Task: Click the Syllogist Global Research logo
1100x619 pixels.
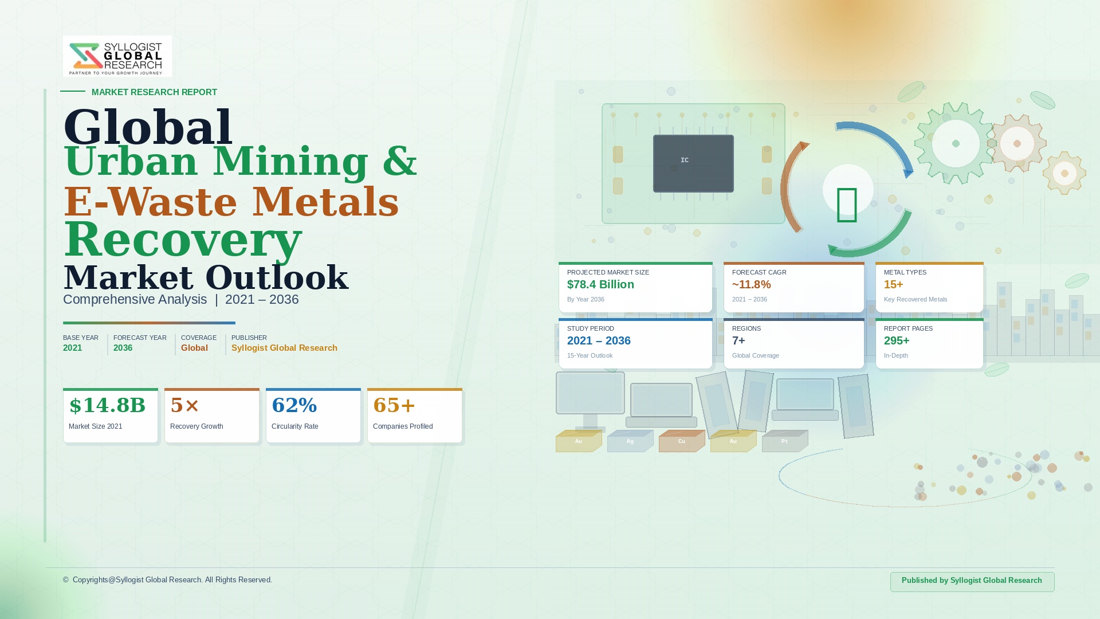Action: coord(117,56)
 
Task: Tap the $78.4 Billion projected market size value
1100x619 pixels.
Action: coord(600,285)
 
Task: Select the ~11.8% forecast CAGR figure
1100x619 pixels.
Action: coord(751,285)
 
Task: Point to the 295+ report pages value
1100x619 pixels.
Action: coord(897,341)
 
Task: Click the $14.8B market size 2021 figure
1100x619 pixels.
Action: coord(107,405)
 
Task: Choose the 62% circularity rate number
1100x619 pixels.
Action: coord(294,405)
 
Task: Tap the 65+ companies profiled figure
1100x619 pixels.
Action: coord(394,405)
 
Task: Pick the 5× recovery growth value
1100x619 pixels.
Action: coord(185,405)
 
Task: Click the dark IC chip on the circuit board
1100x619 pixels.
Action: coord(693,163)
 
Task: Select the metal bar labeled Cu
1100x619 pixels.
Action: coord(682,441)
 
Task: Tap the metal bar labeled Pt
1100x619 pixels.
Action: coord(785,441)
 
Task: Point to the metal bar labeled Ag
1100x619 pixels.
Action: coord(630,441)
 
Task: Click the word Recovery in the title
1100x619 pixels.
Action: coord(183,240)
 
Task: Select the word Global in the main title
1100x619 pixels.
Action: coord(148,127)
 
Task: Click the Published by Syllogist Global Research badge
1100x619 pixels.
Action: coord(972,581)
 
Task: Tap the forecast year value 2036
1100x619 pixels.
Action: coord(123,348)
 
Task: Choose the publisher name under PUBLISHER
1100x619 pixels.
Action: coord(284,348)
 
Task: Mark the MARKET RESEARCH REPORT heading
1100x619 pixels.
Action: coord(154,92)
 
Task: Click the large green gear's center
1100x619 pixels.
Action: coord(956,144)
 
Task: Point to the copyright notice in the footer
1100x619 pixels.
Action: coord(167,580)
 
